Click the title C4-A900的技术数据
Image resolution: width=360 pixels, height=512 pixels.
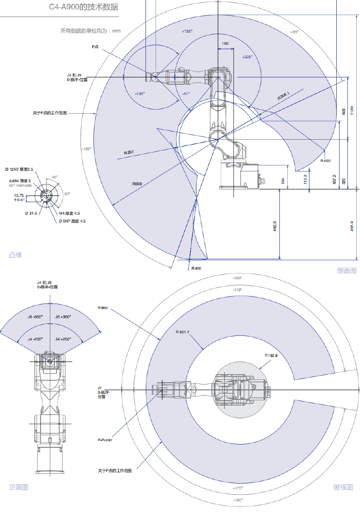tap(84, 7)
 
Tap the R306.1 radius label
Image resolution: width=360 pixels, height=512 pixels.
tap(283, 96)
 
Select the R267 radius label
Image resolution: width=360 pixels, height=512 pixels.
tap(129, 153)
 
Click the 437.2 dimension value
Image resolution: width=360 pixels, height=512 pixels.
tap(334, 179)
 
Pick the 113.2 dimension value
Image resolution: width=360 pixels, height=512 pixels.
tap(306, 179)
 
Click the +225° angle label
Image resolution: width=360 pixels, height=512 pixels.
tap(247, 57)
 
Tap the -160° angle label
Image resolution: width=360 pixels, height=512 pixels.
tap(86, 149)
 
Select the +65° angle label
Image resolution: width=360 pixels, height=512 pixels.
tap(294, 32)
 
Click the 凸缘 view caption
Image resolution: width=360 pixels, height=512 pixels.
tap(15, 255)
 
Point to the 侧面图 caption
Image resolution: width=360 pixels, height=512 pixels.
tap(346, 270)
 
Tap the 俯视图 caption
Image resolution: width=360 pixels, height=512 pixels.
tap(343, 487)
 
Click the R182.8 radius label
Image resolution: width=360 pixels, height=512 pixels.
tap(271, 355)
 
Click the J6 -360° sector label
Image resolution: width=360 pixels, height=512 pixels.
tap(35, 317)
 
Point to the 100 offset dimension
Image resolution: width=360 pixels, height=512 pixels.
tap(225, 43)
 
